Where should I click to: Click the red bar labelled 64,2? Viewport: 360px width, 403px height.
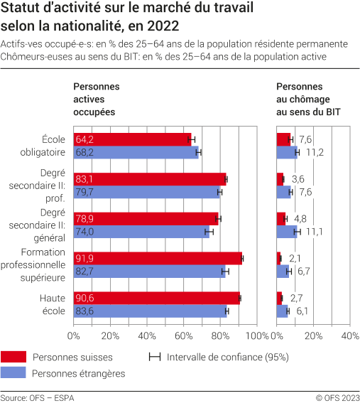132,139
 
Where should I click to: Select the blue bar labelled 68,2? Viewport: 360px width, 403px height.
136,152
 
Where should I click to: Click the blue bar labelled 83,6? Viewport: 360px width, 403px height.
150,311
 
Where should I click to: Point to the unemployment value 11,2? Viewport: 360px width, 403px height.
315,152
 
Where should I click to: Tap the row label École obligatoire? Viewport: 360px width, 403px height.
43,146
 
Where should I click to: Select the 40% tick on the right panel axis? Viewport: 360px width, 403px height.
349,335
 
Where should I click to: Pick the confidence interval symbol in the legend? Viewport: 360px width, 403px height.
153,357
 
